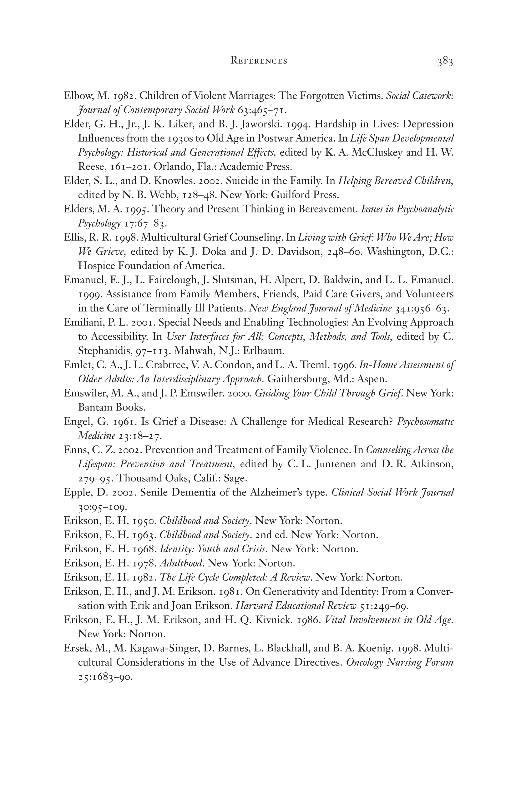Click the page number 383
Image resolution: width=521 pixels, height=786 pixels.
coord(445,62)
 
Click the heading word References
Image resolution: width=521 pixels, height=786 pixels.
coord(259,61)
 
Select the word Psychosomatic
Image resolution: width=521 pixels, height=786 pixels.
coord(426,421)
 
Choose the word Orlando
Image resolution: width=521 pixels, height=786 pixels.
coord(173,167)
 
